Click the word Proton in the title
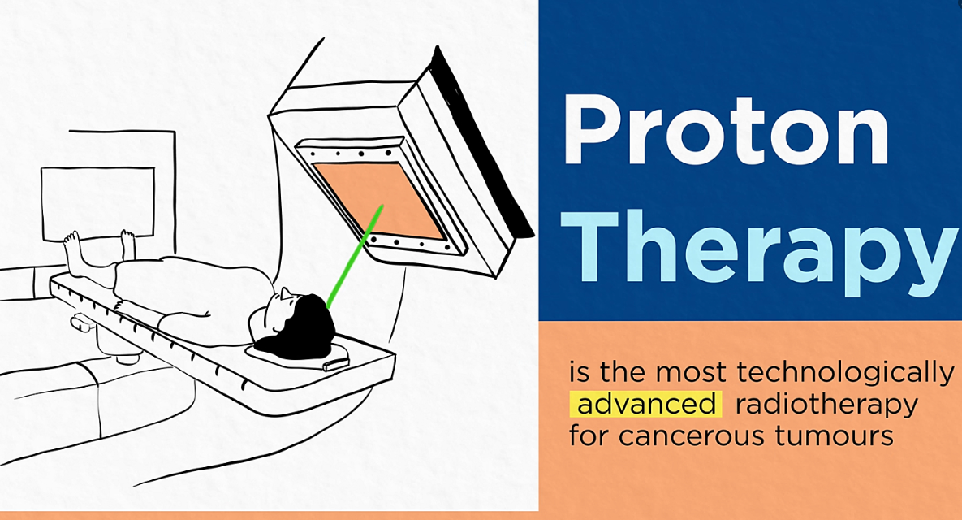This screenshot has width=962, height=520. point(726,130)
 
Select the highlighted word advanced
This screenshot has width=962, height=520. point(645,404)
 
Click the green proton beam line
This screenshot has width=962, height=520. point(355,256)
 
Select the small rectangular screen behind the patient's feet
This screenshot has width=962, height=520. point(98,202)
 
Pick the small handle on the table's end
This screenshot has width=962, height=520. point(335,365)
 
